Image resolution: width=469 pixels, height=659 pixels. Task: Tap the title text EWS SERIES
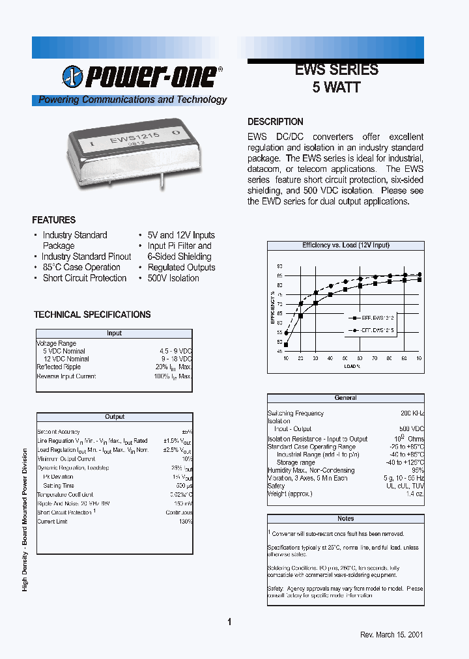click(x=336, y=70)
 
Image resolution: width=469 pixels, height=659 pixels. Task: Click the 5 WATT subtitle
click(x=336, y=88)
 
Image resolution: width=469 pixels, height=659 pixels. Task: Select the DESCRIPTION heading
click(x=275, y=122)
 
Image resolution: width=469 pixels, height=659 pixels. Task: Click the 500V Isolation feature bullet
click(x=173, y=278)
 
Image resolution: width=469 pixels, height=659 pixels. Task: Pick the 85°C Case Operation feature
click(x=81, y=267)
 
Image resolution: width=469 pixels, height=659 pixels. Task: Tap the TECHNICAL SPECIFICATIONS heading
click(x=92, y=315)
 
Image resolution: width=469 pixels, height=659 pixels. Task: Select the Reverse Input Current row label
click(x=66, y=376)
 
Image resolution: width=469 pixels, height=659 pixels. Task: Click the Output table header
click(x=115, y=417)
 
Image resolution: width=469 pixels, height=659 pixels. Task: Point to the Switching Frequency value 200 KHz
click(x=412, y=414)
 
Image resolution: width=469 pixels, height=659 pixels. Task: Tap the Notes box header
click(x=345, y=518)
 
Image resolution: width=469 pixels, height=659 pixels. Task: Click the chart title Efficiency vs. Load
click(x=345, y=245)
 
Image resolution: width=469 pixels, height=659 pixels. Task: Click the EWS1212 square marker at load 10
click(x=286, y=344)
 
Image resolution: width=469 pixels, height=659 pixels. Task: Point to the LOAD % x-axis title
click(x=352, y=367)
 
